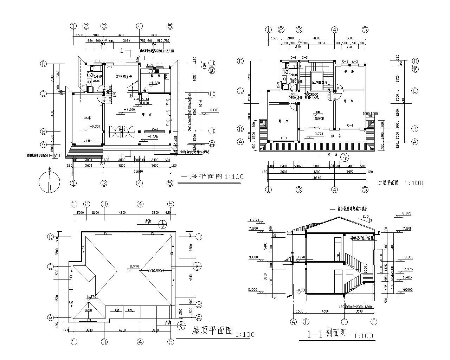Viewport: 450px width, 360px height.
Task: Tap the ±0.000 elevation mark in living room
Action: tap(129, 110)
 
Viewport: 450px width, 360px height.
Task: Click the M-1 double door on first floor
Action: tap(122, 130)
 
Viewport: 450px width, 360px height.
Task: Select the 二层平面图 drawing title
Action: tap(388, 183)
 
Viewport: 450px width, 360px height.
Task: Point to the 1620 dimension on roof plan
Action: tap(88, 310)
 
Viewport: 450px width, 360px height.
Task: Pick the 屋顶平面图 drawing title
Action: tap(212, 330)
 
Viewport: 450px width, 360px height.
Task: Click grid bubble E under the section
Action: tap(345, 321)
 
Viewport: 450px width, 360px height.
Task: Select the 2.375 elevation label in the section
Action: tap(408, 269)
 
